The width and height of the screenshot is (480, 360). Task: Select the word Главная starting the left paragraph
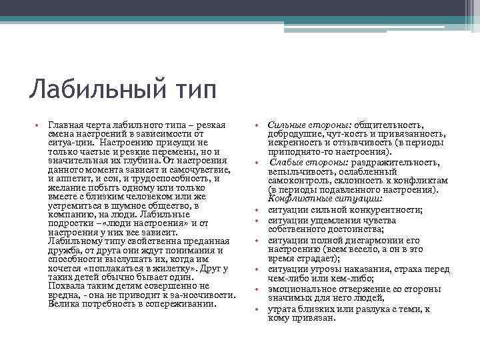click(x=65, y=125)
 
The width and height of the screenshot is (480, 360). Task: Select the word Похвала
click(x=65, y=286)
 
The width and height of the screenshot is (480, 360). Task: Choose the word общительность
click(x=373, y=125)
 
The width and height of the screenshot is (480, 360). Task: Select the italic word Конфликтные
click(x=296, y=199)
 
